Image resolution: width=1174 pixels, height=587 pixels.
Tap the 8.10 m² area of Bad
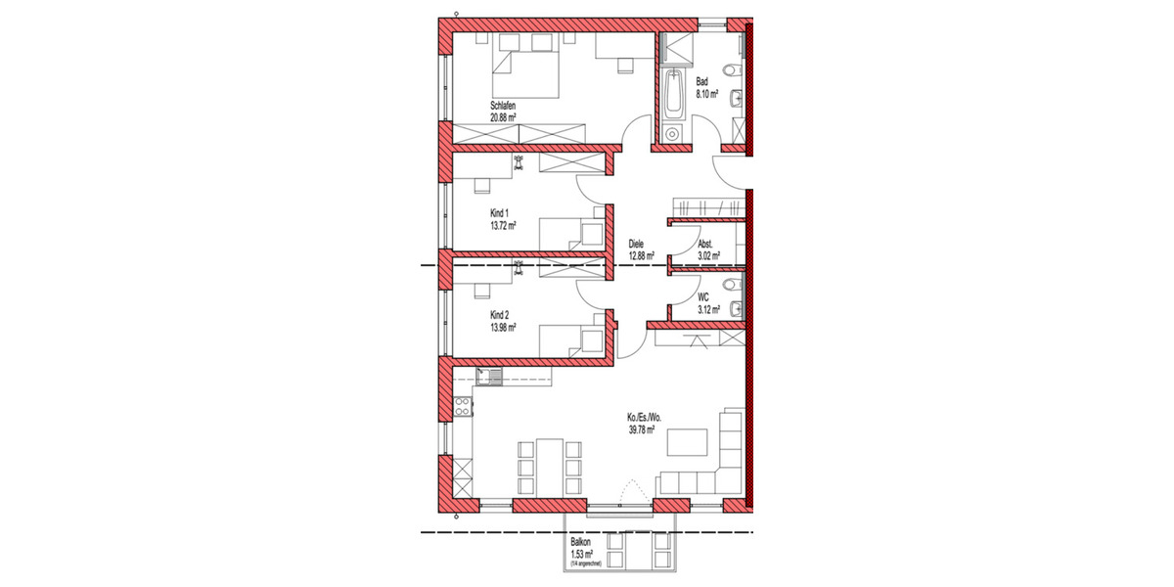click(x=707, y=95)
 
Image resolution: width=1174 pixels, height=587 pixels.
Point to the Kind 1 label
click(x=500, y=212)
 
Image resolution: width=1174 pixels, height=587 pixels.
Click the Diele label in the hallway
click(x=637, y=245)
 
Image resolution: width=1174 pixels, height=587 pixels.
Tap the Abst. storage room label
click(x=705, y=245)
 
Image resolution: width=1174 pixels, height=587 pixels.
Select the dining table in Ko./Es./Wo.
click(x=550, y=469)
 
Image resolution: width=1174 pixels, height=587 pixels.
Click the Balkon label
click(x=581, y=545)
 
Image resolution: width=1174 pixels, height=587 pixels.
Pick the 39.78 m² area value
click(x=641, y=429)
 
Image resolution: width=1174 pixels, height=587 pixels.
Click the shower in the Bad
click(x=674, y=47)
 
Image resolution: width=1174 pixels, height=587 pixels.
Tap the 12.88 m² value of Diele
click(x=641, y=255)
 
